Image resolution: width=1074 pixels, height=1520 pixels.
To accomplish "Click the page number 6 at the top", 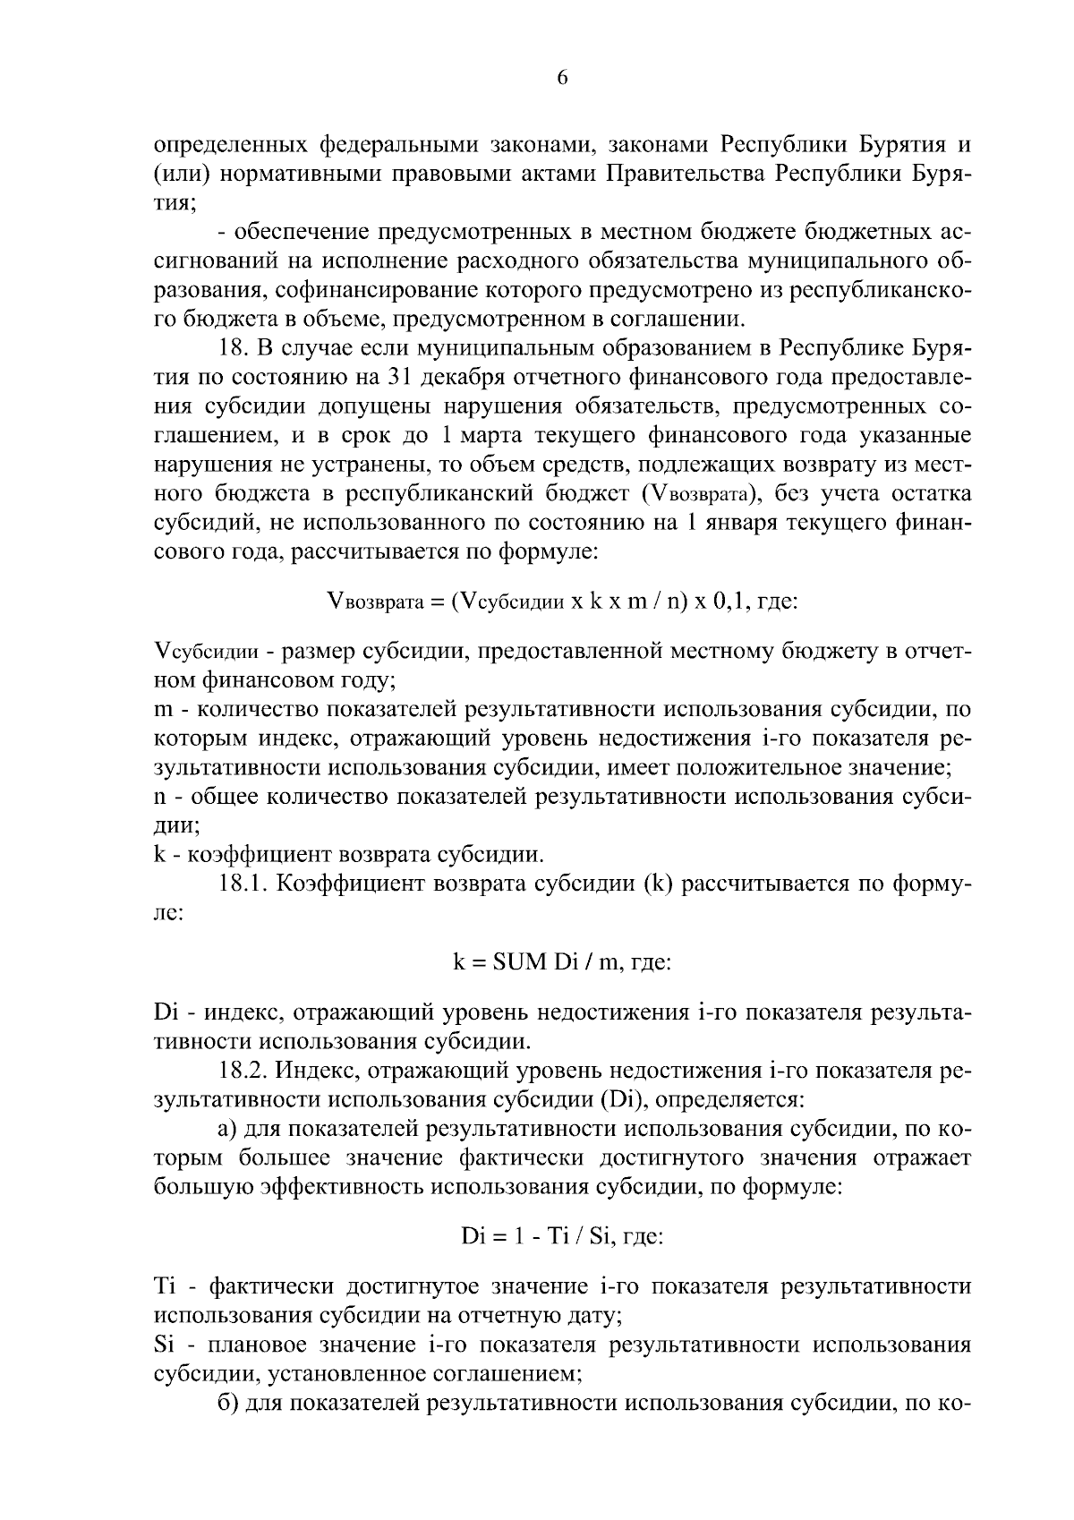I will tap(562, 78).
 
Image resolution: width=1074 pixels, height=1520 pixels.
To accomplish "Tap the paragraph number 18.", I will tap(234, 347).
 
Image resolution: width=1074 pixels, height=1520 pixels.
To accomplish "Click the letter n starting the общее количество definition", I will tap(161, 797).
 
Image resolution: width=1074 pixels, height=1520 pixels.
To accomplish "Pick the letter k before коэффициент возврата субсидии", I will tap(160, 855).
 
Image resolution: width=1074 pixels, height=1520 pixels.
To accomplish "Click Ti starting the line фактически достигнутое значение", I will tap(165, 1287).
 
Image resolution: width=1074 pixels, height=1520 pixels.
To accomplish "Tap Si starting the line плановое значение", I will tap(164, 1345).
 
